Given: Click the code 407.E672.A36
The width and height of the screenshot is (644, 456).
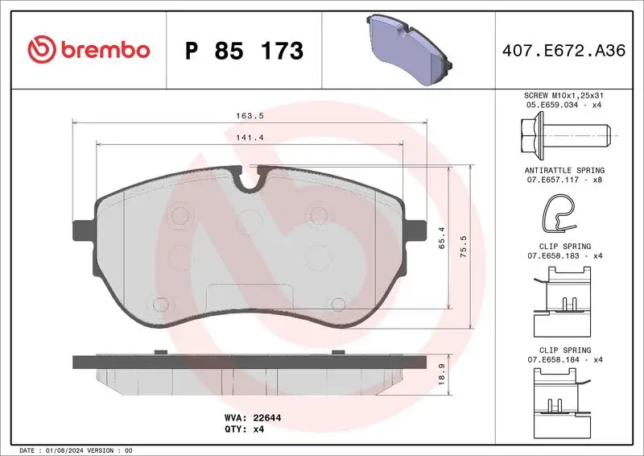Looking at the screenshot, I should [x=563, y=51].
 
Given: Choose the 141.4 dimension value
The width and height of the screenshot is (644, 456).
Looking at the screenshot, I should [x=248, y=138].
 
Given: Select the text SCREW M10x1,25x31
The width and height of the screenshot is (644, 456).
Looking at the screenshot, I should [x=563, y=95].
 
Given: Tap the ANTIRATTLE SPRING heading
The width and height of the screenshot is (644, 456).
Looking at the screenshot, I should [x=563, y=171].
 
